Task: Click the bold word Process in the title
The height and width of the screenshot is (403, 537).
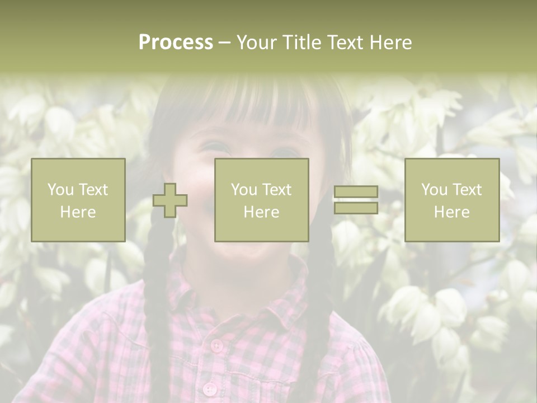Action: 176,43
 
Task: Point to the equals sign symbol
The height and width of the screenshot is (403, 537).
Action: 356,200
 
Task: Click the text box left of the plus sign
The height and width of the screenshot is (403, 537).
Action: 78,200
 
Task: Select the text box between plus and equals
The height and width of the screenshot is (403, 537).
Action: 261,200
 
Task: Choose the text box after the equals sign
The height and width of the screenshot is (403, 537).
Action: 451,200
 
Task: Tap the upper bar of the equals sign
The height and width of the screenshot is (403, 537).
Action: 356,192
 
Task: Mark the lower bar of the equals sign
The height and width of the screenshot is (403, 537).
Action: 356,208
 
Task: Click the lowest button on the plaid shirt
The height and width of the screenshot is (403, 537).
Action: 209,388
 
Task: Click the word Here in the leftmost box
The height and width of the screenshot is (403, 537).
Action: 78,212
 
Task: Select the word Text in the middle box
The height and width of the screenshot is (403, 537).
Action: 277,190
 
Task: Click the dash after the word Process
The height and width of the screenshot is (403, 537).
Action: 224,43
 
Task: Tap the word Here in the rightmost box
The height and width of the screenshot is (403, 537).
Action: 451,212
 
